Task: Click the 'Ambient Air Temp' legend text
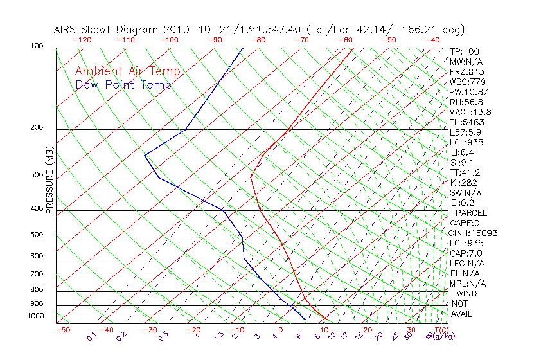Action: tap(127, 72)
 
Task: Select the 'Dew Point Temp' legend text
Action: tap(123, 85)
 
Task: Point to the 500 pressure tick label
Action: tap(37, 235)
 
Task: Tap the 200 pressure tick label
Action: tap(37, 128)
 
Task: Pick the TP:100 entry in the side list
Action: tap(465, 51)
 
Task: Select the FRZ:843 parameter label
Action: tap(467, 71)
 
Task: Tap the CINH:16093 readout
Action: tap(474, 233)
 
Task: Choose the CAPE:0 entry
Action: tap(465, 223)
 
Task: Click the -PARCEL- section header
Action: tap(471, 213)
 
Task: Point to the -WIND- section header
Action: tap(467, 293)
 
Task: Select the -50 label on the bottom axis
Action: tap(62, 330)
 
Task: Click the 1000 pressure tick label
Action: tap(35, 316)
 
